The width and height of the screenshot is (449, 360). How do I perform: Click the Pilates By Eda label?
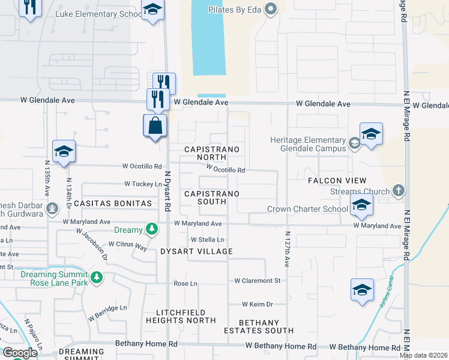(237, 10)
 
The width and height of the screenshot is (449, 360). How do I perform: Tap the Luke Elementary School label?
(98, 13)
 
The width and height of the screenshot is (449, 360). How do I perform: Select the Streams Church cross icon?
(397, 191)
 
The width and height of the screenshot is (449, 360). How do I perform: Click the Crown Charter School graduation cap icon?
(361, 205)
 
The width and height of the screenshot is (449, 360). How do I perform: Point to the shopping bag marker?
(155, 126)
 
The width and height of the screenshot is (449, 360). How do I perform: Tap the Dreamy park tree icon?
(152, 229)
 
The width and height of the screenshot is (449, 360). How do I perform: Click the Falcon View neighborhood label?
(337, 181)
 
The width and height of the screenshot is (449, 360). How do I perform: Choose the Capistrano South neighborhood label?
(212, 197)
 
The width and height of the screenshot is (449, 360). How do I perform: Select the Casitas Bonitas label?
(113, 203)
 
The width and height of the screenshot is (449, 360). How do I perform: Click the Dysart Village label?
(196, 251)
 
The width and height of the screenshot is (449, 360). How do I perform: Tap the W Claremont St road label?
(258, 280)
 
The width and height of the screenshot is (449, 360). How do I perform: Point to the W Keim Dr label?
(258, 304)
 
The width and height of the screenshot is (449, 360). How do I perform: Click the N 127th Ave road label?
(287, 250)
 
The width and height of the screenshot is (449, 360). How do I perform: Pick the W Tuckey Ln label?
(143, 184)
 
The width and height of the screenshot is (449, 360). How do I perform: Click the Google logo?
(19, 353)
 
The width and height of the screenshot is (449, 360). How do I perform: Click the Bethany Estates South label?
(259, 326)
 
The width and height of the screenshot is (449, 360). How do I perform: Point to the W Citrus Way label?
(128, 245)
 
